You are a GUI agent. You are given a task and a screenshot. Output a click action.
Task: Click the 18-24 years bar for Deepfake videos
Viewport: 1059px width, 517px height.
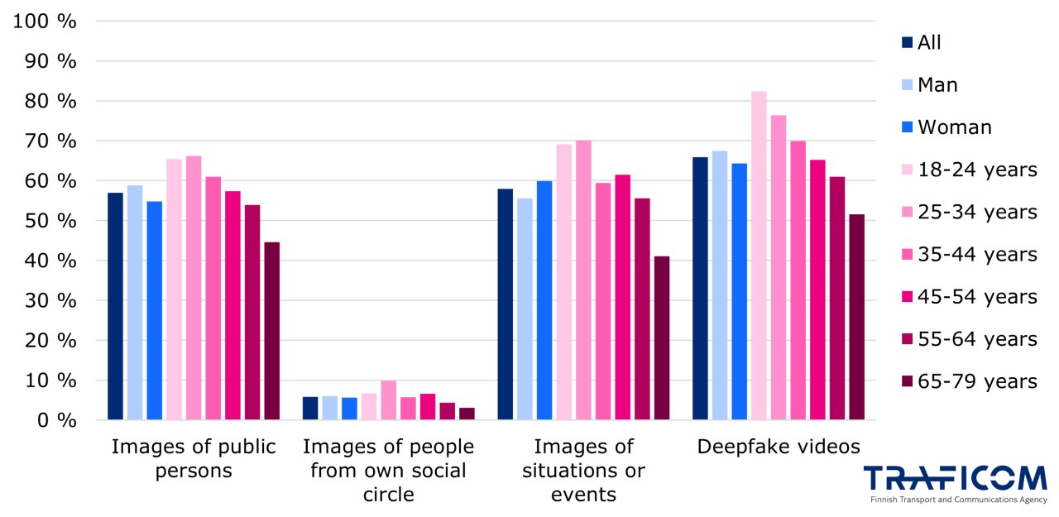coord(759,256)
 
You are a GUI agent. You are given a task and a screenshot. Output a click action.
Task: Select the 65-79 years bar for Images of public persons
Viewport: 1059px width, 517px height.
coord(271,331)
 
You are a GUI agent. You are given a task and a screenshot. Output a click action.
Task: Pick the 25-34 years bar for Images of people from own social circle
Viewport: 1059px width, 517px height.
coord(388,400)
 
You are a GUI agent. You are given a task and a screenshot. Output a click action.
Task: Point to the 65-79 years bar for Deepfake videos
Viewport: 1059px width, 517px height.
coord(856,317)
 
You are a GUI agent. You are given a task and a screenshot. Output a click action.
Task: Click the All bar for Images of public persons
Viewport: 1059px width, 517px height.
coord(115,306)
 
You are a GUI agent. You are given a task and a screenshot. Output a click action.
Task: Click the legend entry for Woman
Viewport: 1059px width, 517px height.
coord(954,127)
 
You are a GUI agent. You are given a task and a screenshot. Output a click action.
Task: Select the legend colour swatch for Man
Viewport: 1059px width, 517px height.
coord(907,84)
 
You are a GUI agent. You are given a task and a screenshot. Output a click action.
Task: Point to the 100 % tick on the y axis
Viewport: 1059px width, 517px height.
coord(46,22)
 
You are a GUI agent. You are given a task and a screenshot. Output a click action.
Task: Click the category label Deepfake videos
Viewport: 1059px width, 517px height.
coord(779,448)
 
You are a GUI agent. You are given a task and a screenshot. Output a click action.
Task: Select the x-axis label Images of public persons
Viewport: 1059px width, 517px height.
coord(194,459)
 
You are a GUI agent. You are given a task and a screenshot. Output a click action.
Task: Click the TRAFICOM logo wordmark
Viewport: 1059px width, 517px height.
coord(955,478)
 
